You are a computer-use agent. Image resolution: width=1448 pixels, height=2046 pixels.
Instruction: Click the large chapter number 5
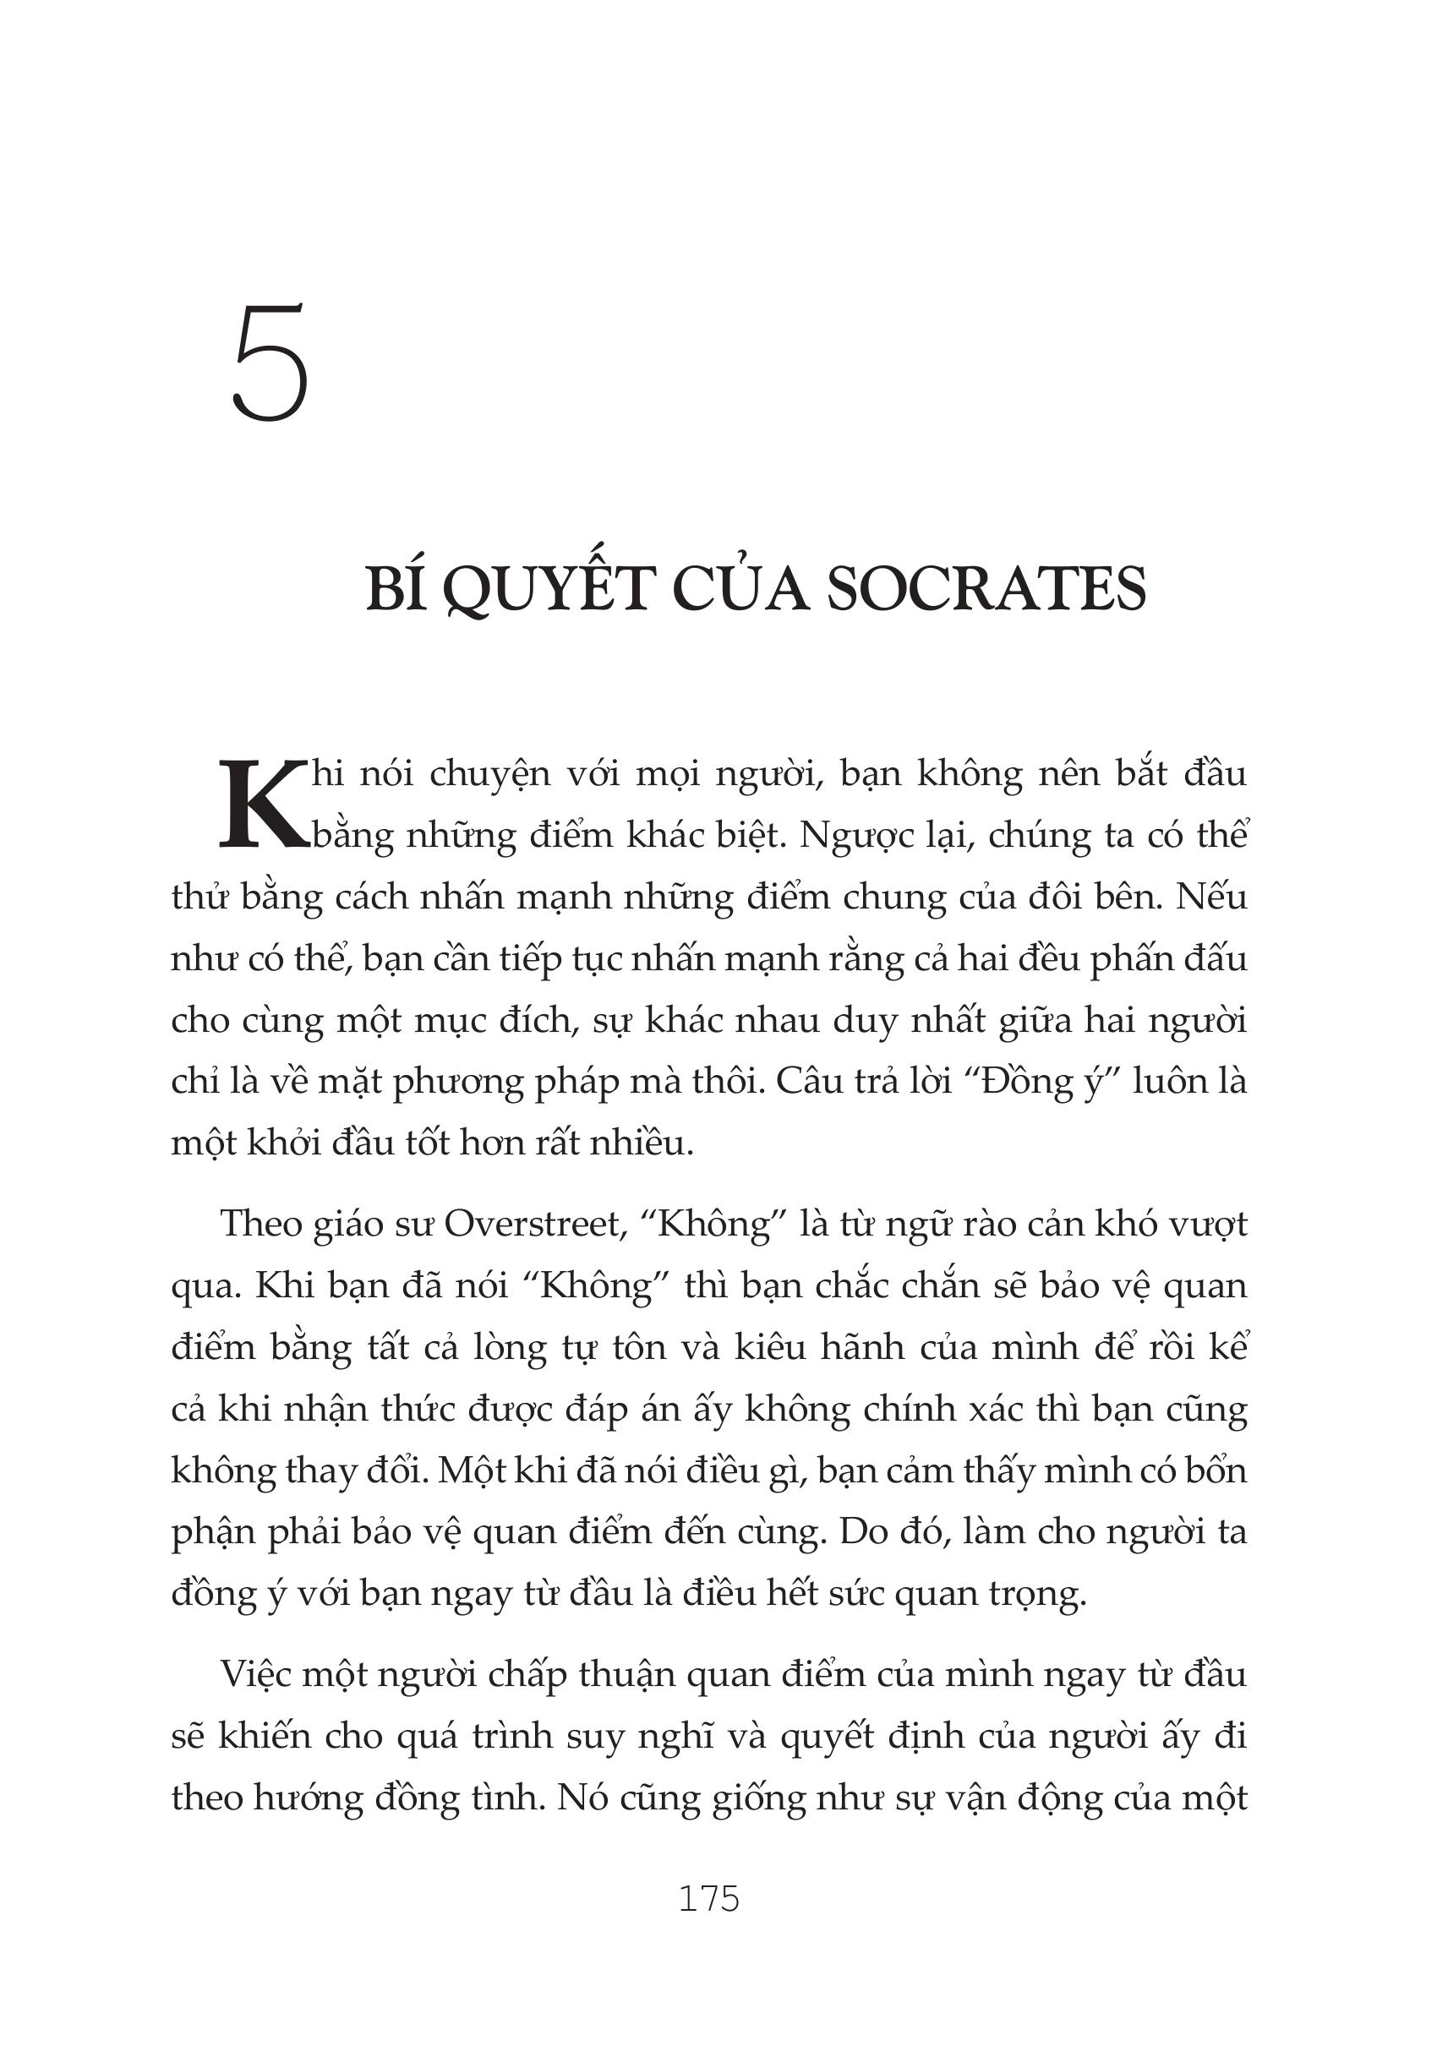tap(270, 363)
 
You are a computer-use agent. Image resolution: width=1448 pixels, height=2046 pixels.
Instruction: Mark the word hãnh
tap(856, 1347)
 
